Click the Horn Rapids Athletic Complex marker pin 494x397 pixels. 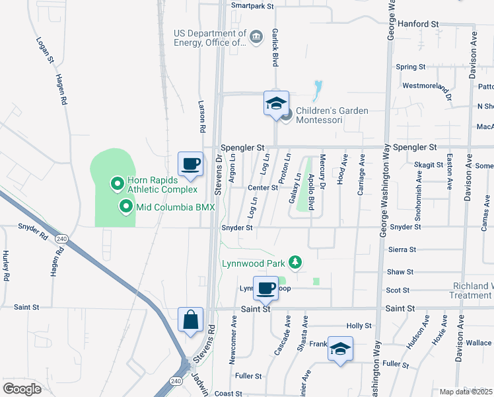118,183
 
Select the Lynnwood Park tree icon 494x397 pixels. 295,263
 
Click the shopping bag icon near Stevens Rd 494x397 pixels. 190,320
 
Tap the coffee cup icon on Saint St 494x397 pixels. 265,288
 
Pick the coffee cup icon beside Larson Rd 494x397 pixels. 190,164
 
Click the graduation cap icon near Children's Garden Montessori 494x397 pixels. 276,103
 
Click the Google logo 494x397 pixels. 22,389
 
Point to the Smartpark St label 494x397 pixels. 252,6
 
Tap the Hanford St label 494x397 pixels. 418,23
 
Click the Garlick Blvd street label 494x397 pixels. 275,49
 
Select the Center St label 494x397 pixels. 262,188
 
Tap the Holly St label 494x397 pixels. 359,326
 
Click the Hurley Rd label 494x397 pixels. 6,266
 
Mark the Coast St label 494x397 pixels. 229,393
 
